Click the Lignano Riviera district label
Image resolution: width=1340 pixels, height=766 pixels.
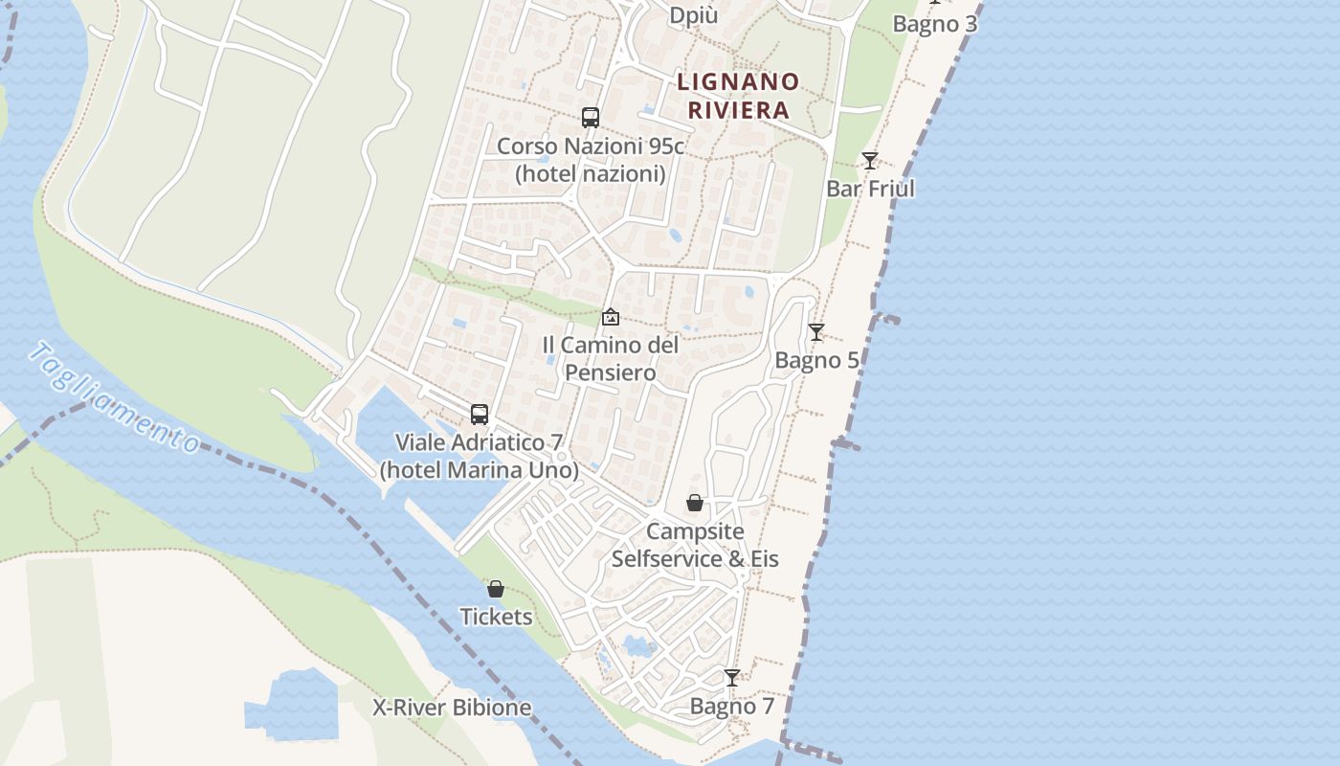coord(738,96)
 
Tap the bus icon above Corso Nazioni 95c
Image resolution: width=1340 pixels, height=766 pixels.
coord(591,118)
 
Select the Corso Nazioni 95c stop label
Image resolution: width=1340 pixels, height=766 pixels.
coord(591,160)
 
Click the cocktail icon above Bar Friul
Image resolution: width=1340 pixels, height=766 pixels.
coord(870,161)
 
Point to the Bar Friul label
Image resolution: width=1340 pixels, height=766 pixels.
coord(870,189)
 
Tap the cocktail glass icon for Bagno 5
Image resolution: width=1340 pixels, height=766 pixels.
coord(816,332)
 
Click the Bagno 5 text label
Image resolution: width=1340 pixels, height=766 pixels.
coord(816,360)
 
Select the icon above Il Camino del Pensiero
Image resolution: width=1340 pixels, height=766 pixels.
coord(611,316)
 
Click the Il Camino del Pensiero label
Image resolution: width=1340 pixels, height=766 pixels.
coord(611,358)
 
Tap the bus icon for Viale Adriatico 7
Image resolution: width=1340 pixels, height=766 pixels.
coord(480,415)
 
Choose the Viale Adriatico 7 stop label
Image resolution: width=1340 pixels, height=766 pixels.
coord(480,457)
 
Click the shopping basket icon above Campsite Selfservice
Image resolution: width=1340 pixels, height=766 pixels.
coord(695,503)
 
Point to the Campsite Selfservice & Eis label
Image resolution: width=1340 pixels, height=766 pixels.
coord(695,545)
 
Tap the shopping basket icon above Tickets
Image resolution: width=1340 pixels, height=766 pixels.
coord(496,589)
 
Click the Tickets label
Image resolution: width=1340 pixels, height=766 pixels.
coord(496,617)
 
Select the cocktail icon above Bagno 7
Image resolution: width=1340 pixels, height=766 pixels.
coord(732,678)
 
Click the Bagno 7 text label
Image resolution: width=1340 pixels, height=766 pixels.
coord(732,707)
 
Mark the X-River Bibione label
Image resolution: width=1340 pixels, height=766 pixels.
coord(452,709)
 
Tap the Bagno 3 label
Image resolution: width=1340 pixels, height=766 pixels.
coord(935,24)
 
